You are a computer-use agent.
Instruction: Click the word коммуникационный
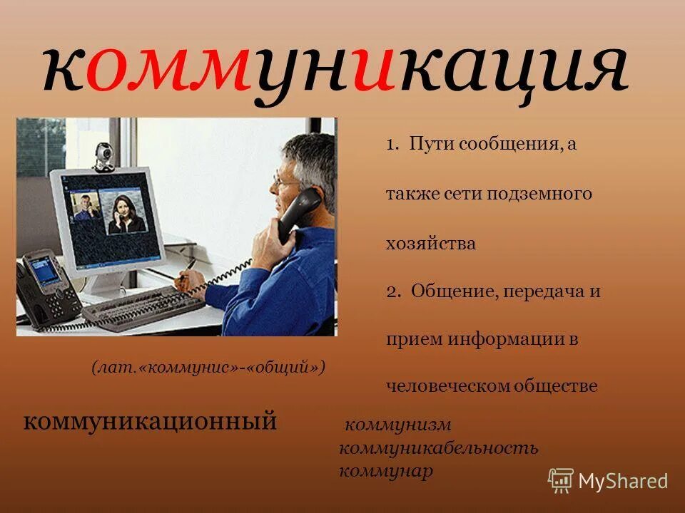[x=150, y=421]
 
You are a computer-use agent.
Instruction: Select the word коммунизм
[x=398, y=425]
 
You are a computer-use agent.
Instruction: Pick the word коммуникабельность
[x=439, y=448]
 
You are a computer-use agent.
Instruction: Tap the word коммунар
[x=386, y=471]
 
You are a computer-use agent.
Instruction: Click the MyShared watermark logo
[x=608, y=480]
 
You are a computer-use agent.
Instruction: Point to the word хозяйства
[x=430, y=243]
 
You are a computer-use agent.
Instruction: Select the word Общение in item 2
[x=447, y=291]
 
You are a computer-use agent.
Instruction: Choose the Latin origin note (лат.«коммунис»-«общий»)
[x=208, y=367]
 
